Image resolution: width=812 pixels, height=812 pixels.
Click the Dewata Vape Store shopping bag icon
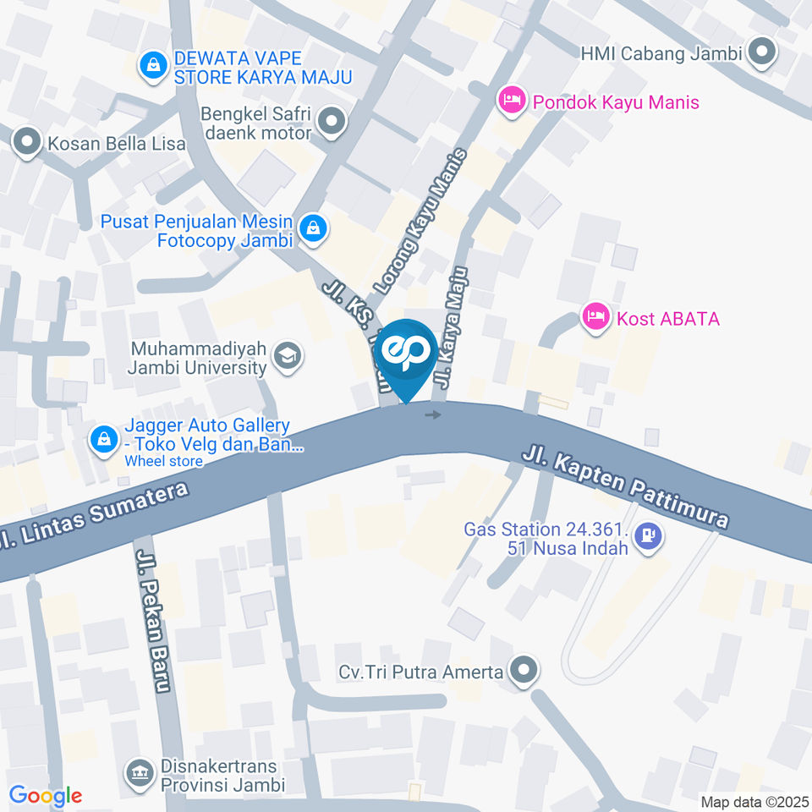click(153, 65)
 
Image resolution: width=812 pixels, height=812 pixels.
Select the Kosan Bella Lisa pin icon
click(28, 143)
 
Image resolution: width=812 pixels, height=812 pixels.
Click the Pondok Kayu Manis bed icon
click(512, 101)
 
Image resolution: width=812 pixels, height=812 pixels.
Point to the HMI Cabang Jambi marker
click(763, 52)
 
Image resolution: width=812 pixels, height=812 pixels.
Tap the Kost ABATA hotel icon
click(595, 318)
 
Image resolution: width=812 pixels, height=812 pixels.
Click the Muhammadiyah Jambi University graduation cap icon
click(288, 358)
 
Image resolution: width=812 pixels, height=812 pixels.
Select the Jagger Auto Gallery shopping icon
click(103, 439)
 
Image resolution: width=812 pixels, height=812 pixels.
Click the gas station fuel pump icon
click(648, 536)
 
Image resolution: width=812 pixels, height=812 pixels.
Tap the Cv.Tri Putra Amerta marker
click(524, 672)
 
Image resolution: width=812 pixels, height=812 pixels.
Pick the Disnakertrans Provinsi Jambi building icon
click(138, 771)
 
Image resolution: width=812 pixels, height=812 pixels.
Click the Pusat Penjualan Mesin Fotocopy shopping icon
click(314, 229)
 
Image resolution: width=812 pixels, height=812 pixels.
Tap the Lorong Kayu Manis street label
click(420, 222)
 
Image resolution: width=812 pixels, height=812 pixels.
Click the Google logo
click(46, 795)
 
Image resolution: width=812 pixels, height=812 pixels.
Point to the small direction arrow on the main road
click(433, 415)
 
